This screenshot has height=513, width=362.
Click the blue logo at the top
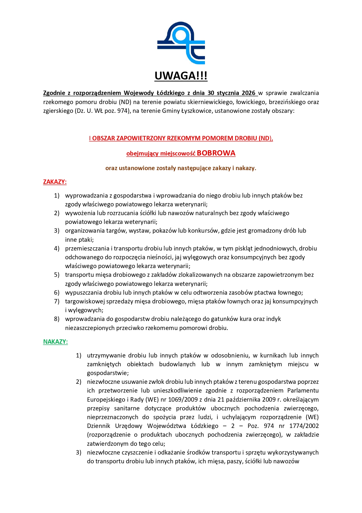181,43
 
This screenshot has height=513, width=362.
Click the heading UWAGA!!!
181,76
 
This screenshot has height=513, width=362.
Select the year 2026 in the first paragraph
248,93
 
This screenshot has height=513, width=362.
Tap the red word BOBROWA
216,153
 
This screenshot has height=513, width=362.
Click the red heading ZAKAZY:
55,182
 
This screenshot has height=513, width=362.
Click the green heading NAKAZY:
55,342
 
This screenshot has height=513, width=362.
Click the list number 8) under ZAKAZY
57,319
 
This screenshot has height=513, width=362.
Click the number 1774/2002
304,426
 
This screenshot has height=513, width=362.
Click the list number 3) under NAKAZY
79,452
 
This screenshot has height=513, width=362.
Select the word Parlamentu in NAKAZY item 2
303,391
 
